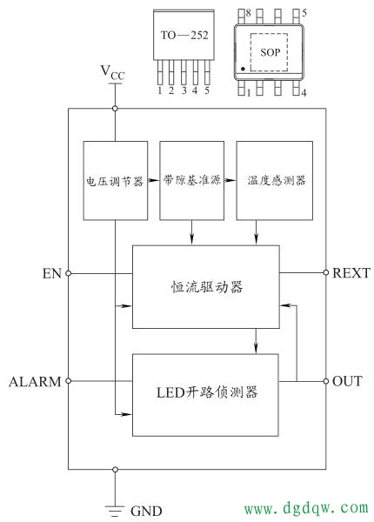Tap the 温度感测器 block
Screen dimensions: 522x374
[x=274, y=180]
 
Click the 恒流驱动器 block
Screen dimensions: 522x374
[x=205, y=286]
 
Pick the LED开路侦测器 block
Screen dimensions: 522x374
[x=205, y=394]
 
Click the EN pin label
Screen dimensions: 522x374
[x=51, y=273]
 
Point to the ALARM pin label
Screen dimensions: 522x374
[x=35, y=382]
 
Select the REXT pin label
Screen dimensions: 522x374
[x=351, y=273]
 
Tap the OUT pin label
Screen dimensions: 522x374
[x=348, y=382]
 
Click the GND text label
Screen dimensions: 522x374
[x=145, y=511]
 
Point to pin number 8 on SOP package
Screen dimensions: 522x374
[x=248, y=14]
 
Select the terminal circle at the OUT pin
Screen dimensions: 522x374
[x=325, y=382]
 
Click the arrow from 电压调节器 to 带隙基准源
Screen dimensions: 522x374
[x=154, y=180]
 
